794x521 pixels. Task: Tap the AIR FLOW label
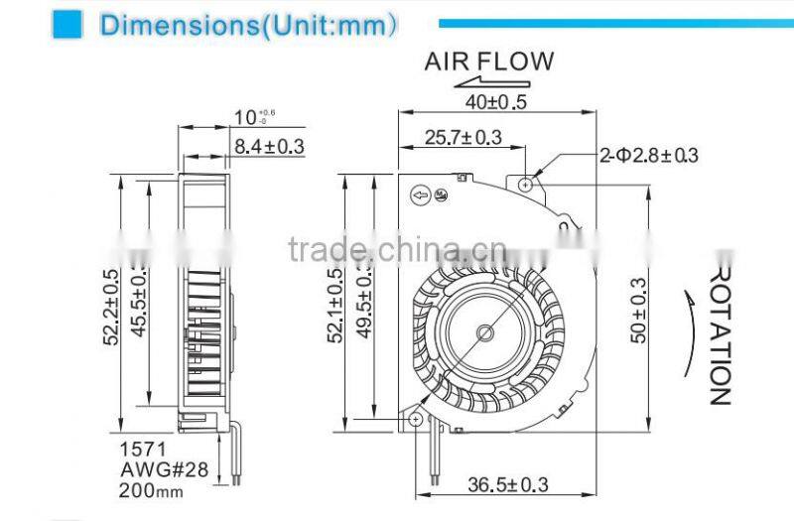489,62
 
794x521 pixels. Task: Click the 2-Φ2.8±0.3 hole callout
648,155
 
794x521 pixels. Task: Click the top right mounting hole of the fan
526,183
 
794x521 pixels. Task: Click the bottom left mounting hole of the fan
414,420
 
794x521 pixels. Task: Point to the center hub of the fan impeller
484,328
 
